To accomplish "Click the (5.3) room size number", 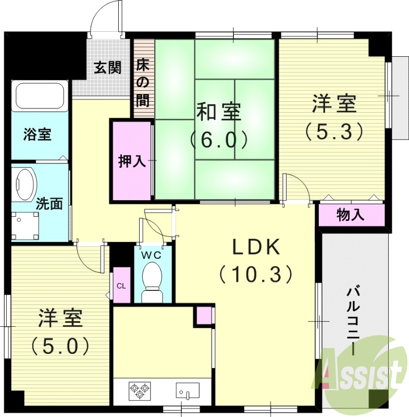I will pyautogui.click(x=334, y=130).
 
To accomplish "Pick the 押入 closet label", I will pyautogui.click(x=131, y=161).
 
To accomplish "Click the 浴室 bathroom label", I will pyautogui.click(x=37, y=134).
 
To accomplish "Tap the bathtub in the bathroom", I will pyautogui.click(x=40, y=96).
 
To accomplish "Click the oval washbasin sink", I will pyautogui.click(x=24, y=183).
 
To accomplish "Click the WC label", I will pyautogui.click(x=153, y=255).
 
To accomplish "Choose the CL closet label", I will pyautogui.click(x=121, y=285).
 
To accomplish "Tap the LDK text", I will pyautogui.click(x=256, y=247).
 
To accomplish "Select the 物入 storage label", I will pyautogui.click(x=350, y=214).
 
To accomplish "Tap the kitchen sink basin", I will pyautogui.click(x=187, y=390).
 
